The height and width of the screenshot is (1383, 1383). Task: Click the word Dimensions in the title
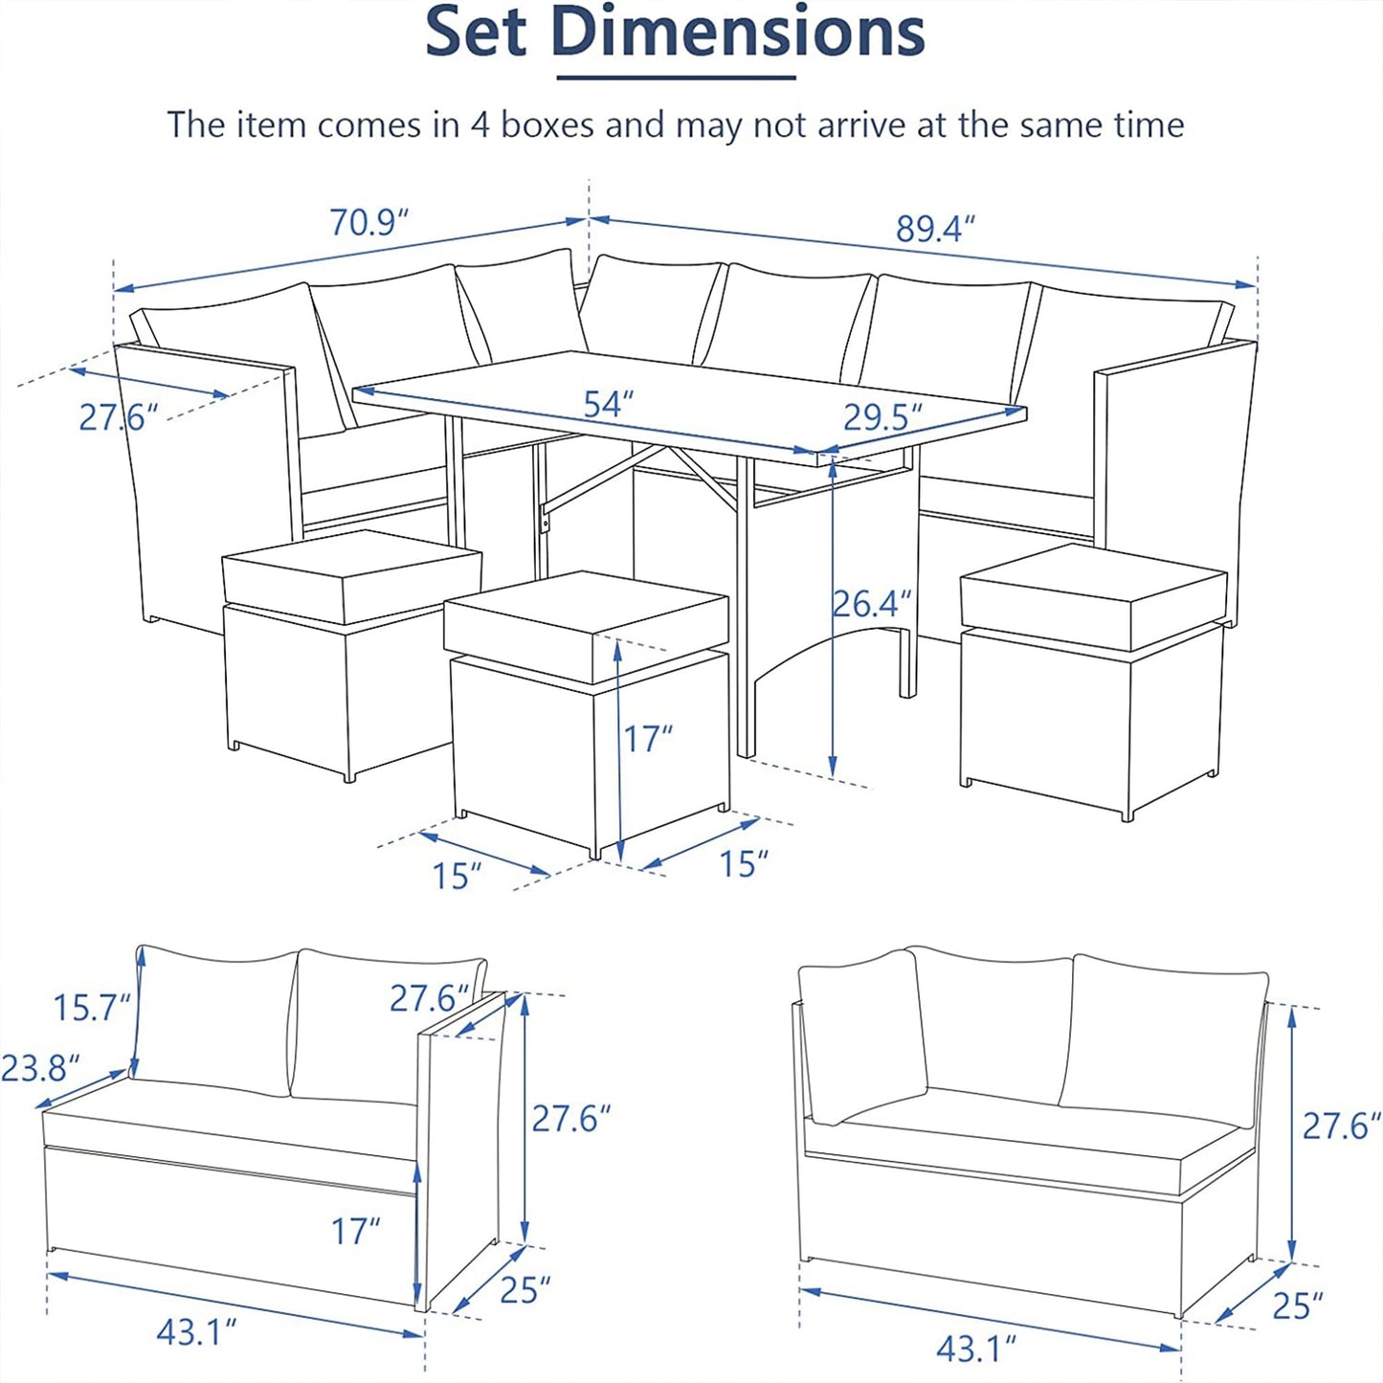point(739,31)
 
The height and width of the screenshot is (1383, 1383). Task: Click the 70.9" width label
point(368,222)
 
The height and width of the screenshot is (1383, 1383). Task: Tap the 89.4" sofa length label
point(936,229)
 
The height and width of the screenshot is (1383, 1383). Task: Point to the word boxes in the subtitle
point(547,124)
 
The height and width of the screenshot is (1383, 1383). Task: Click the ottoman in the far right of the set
point(1093,680)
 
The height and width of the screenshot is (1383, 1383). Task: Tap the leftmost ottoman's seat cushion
point(351,576)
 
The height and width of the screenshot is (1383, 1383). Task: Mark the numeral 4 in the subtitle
point(480,125)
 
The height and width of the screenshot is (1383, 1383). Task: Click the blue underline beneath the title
point(677,77)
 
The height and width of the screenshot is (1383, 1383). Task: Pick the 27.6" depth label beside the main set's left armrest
point(119,417)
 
